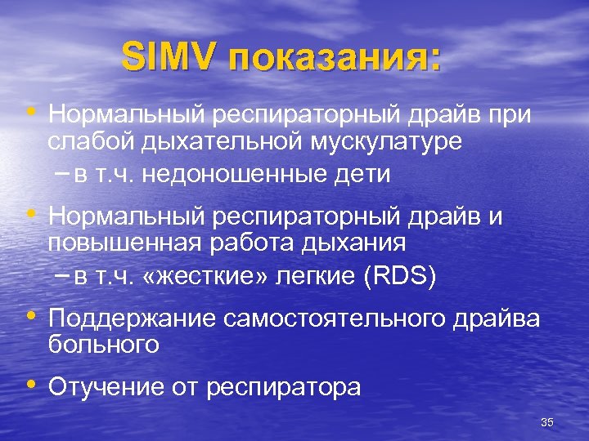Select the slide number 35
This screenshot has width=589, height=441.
[x=547, y=422]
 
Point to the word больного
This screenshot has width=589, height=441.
[x=103, y=344]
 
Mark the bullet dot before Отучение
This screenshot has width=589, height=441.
[x=32, y=384]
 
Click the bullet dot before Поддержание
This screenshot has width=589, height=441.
[x=32, y=316]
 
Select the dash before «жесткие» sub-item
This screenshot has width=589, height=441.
[x=62, y=276]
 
